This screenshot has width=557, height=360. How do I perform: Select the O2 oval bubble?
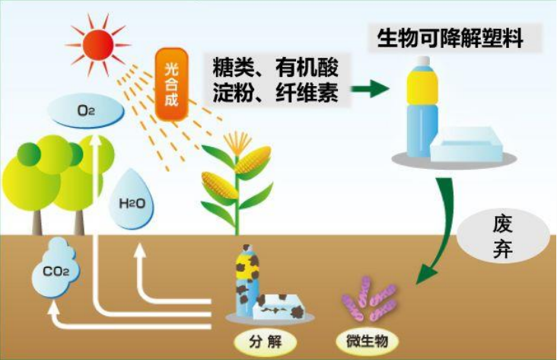tap(86, 111)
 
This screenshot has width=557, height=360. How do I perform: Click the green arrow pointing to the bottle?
tap(371, 89)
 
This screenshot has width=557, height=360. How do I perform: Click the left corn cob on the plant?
tap(219, 186)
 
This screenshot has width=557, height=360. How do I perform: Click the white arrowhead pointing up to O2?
tap(95, 142)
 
